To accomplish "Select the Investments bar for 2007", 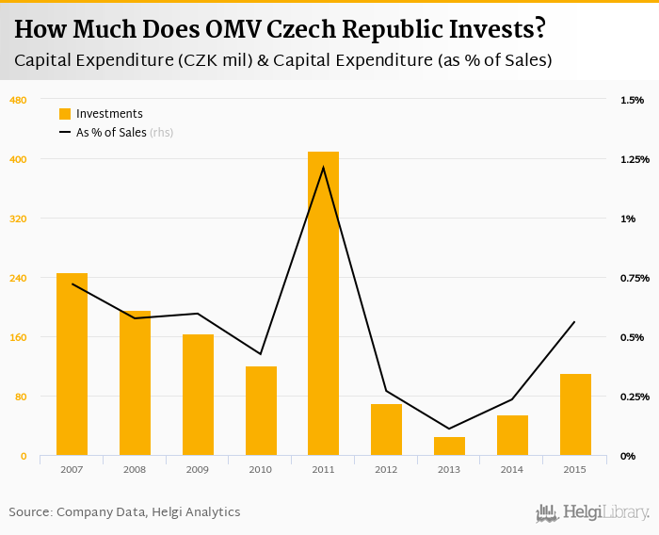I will (x=72, y=365).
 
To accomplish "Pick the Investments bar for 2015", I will (x=575, y=414).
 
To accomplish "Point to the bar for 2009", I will (x=198, y=395).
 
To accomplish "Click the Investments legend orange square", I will (x=65, y=114).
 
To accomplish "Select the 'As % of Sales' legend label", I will (x=111, y=133).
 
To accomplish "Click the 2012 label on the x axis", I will (x=386, y=469).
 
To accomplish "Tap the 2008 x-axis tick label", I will (x=135, y=469).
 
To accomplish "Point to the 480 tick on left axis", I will (x=18, y=100).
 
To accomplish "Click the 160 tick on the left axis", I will (x=18, y=337).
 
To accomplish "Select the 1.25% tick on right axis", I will (x=635, y=159).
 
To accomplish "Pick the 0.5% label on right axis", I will (x=631, y=337).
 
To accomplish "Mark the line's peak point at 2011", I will (x=323, y=168).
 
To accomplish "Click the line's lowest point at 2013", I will (x=449, y=429).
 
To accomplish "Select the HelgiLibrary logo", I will (x=592, y=512).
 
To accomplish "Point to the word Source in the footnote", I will (x=30, y=512).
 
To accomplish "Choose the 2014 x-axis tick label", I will (x=512, y=469).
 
